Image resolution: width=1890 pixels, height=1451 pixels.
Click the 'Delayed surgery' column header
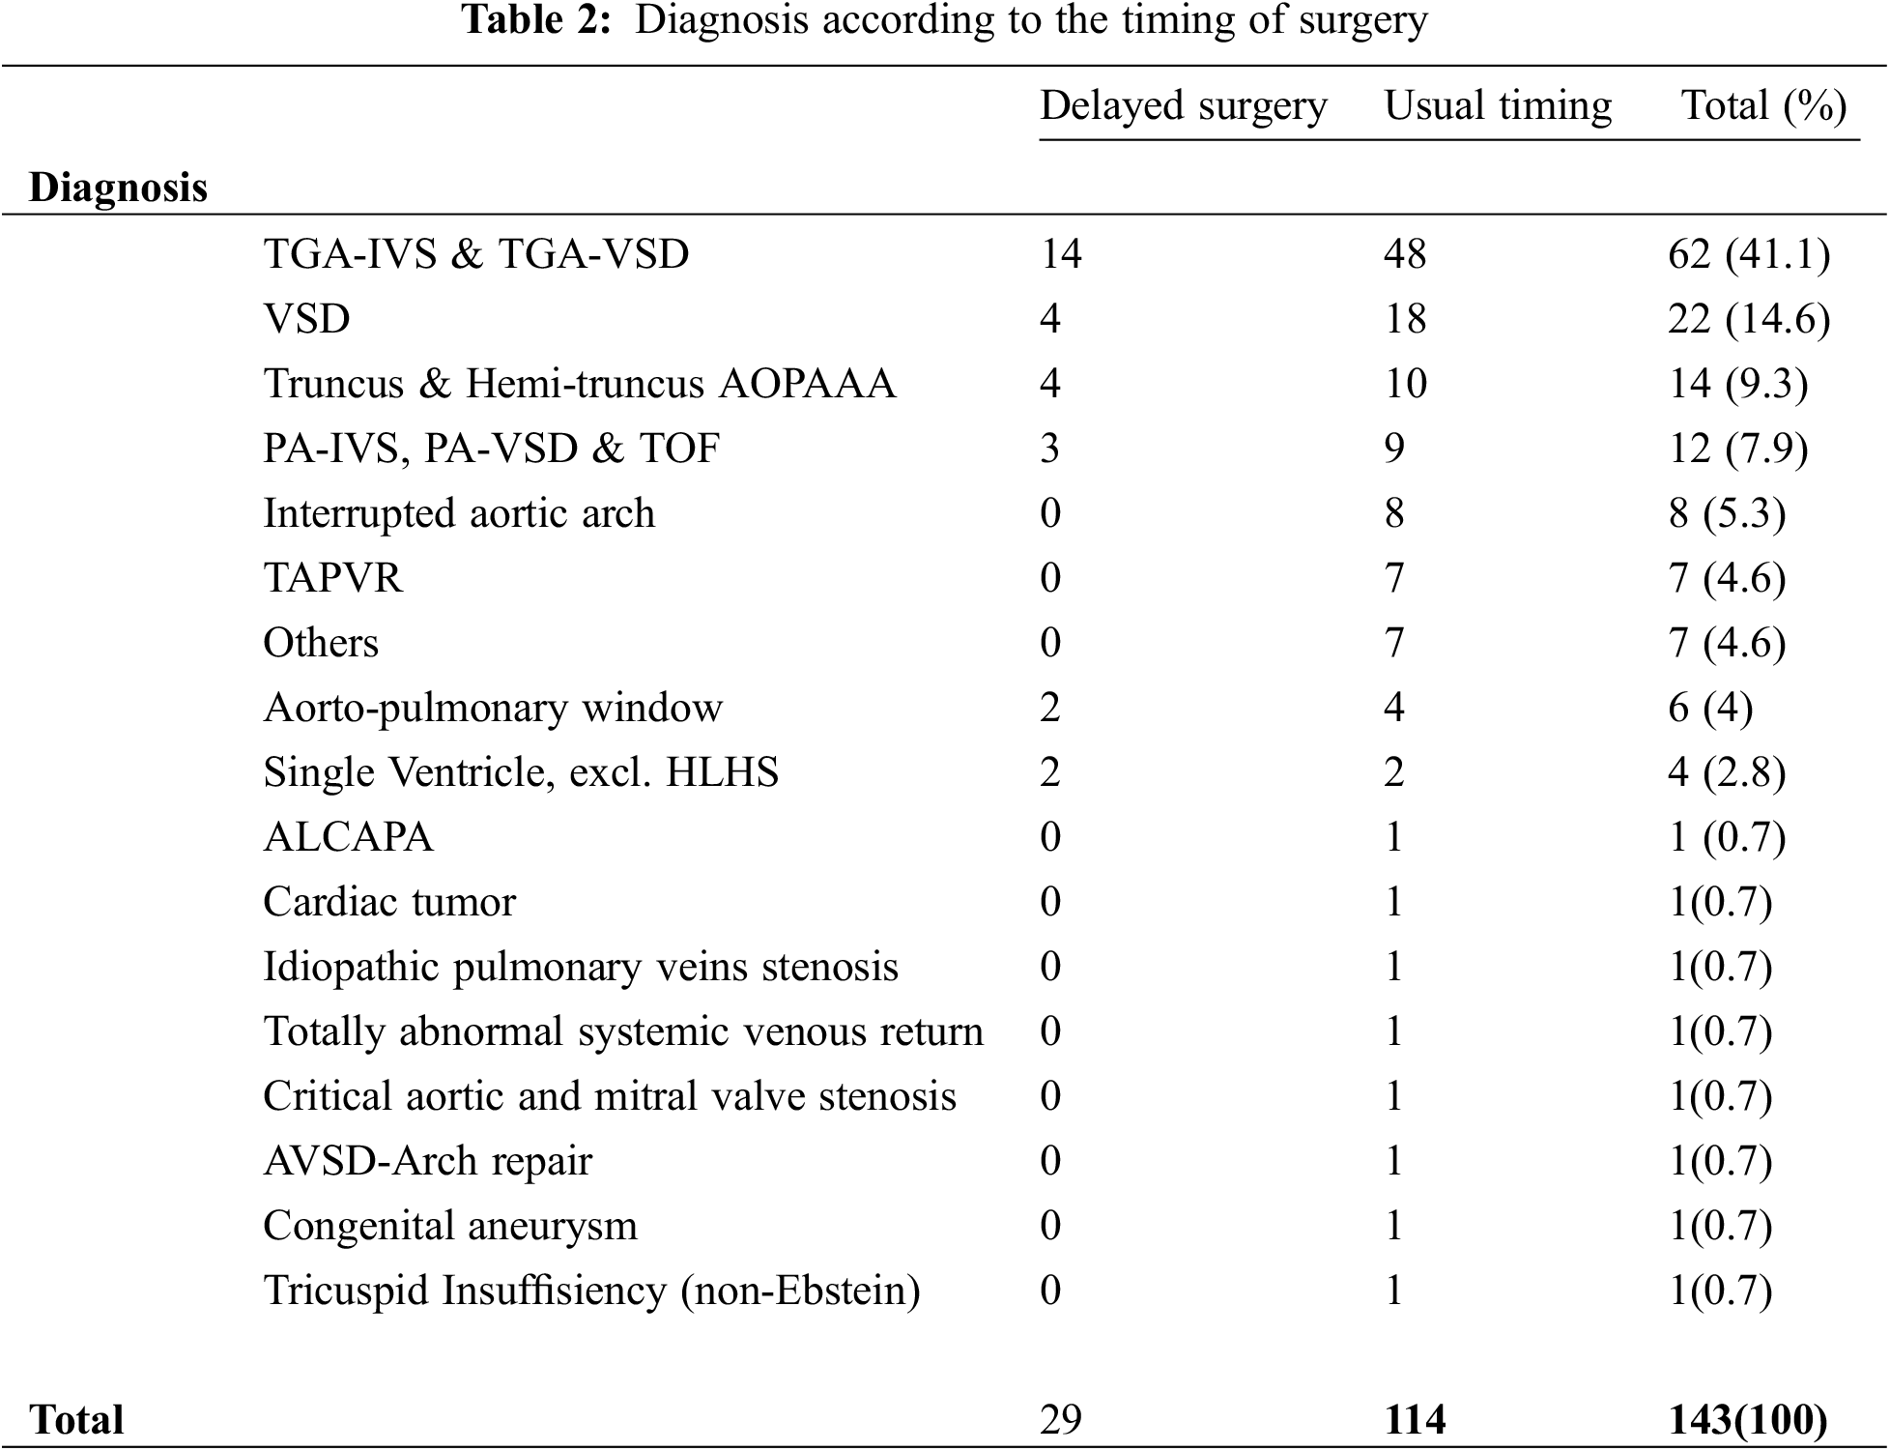click(x=1183, y=106)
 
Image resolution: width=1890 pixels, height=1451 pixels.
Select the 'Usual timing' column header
click(x=1498, y=106)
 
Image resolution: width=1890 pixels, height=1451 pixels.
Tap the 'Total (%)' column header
click(x=1763, y=106)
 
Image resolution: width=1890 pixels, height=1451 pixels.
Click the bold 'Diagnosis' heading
click(x=118, y=188)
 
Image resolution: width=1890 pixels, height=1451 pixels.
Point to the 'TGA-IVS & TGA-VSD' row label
click(x=476, y=254)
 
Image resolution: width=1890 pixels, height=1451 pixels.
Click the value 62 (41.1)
click(x=1748, y=254)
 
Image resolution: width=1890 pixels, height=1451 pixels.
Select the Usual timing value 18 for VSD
click(x=1405, y=319)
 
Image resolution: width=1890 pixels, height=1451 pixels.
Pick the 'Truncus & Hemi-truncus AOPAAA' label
click(x=579, y=384)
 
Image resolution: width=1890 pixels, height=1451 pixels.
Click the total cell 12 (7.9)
click(x=1737, y=449)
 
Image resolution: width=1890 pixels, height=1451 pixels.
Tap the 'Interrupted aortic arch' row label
click(x=459, y=513)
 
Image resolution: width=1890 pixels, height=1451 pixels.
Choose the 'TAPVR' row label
click(x=332, y=578)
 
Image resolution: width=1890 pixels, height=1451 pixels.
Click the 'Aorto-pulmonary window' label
click(x=493, y=708)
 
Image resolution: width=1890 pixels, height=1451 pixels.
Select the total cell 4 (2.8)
click(x=1726, y=772)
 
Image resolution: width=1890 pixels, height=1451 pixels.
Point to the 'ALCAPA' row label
click(x=348, y=837)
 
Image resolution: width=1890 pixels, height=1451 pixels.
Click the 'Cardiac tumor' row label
click(x=389, y=902)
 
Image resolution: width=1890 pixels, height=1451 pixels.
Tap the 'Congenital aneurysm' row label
click(x=450, y=1226)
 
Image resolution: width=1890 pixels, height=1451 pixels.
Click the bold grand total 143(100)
click(x=1748, y=1420)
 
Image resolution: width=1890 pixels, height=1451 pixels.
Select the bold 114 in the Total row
click(x=1415, y=1420)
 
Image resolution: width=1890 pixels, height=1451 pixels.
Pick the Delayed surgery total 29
click(x=1060, y=1420)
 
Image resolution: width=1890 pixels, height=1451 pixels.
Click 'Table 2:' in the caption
click(x=537, y=20)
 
